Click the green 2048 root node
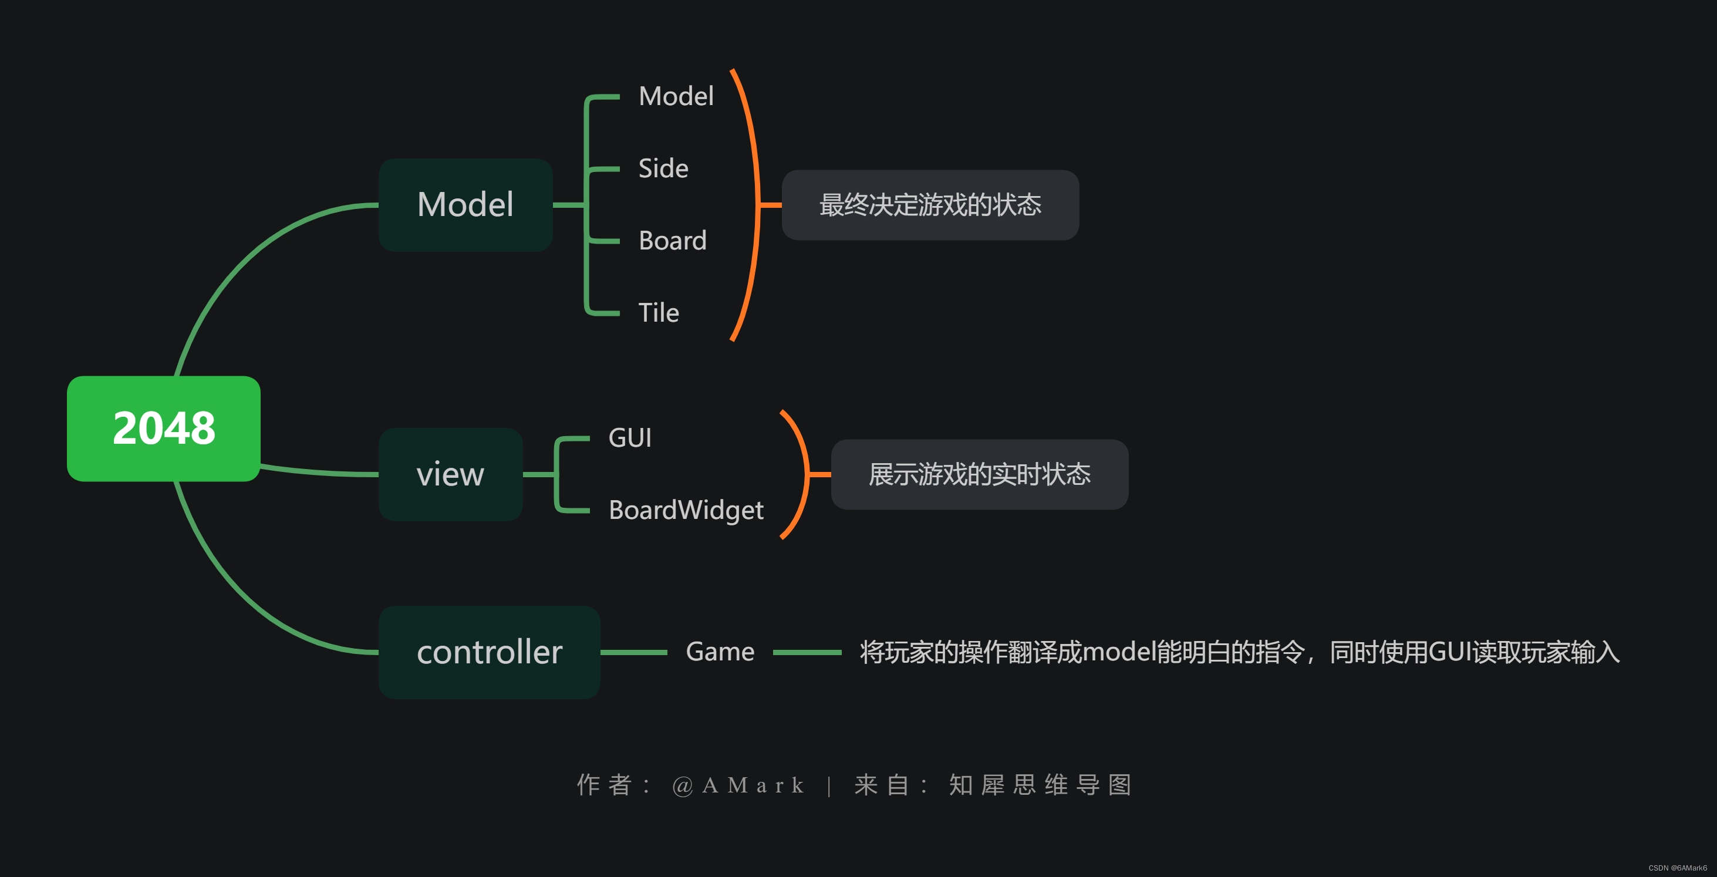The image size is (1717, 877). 163,428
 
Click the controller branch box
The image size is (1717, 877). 488,652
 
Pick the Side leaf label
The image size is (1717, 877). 663,168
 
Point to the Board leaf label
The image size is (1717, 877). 672,241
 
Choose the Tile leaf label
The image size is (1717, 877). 658,312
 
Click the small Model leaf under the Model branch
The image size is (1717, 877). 675,96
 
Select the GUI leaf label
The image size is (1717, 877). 629,438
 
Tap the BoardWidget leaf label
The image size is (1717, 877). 685,510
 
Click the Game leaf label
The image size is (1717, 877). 719,652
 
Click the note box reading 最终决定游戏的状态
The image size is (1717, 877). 929,205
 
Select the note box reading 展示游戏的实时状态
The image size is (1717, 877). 979,474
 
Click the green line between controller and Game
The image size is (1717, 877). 633,652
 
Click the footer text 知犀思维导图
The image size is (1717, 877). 1040,785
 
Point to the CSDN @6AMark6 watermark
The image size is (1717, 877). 1677,868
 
